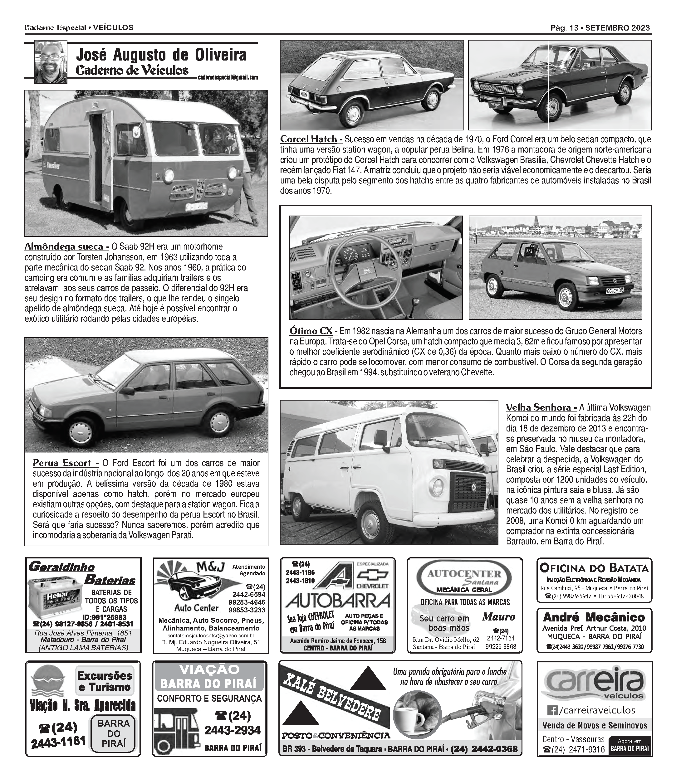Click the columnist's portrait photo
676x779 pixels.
51,62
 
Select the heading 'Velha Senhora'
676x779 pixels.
541,408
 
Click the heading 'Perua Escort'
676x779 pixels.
66,463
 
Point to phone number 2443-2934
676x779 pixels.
233,730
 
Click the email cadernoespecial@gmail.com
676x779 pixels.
228,78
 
